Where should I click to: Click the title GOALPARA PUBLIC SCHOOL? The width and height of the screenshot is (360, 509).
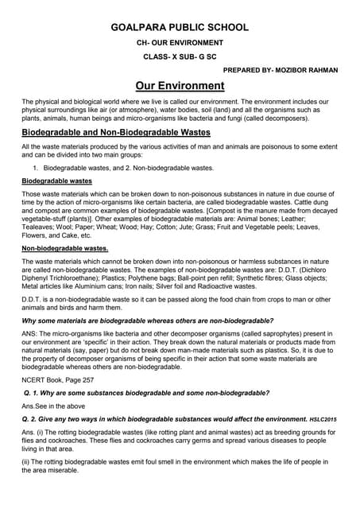(179, 26)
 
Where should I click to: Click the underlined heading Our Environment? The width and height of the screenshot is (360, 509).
(180, 86)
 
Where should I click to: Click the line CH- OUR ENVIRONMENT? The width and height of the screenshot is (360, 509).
(179, 41)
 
